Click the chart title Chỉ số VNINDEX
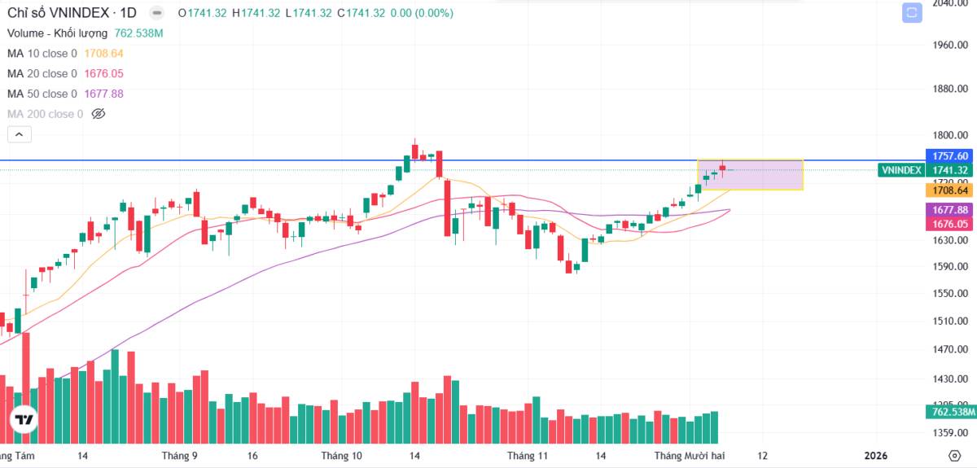tap(59, 13)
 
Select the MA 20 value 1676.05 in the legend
tap(103, 74)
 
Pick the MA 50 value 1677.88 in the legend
tap(103, 94)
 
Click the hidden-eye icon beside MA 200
tap(99, 115)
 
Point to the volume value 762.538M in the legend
tap(138, 33)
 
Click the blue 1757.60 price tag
tap(950, 155)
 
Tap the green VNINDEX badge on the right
tap(901, 170)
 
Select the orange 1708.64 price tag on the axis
tap(950, 190)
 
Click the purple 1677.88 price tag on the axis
tap(950, 210)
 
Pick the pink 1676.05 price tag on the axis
tap(950, 224)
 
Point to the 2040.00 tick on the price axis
tap(950, 3)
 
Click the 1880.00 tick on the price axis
tap(950, 89)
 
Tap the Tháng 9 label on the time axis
tap(179, 456)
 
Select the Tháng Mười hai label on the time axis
tap(690, 456)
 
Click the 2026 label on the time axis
tap(876, 456)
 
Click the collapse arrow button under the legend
tap(20, 135)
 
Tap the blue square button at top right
tap(911, 13)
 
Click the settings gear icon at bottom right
tap(954, 455)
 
